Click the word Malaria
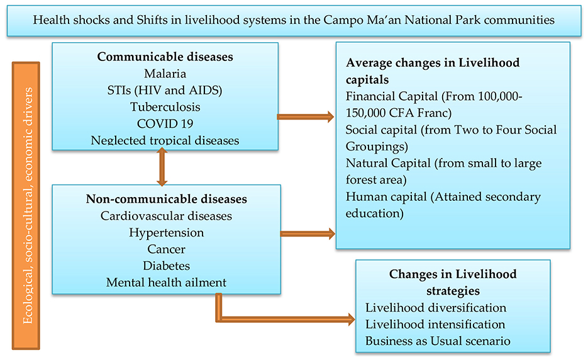(165, 74)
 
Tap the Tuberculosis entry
(165, 106)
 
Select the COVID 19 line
(165, 123)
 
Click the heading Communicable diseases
(165, 57)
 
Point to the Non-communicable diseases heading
(166, 199)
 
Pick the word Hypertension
(166, 232)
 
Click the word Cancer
(166, 249)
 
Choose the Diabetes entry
(166, 266)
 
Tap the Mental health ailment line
(166, 283)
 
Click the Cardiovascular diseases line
(166, 216)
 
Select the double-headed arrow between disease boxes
(162, 167)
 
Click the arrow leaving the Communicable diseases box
(305, 116)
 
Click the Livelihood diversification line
(436, 308)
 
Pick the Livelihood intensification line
(435, 325)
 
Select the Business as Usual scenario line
(438, 341)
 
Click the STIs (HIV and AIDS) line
(165, 90)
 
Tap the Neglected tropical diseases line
(165, 140)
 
